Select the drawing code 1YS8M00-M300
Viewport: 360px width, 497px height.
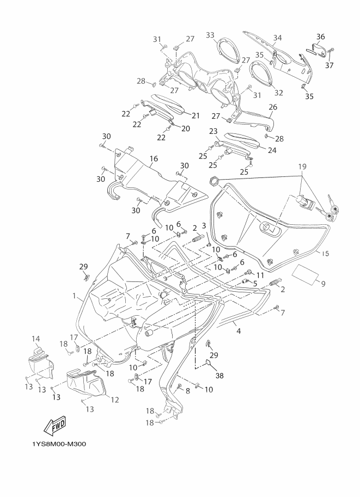pos(59,444)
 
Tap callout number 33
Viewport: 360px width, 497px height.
pos(210,35)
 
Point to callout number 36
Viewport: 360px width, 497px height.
pos(320,36)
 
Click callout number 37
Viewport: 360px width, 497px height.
pos(330,65)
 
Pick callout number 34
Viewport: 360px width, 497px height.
pos(278,38)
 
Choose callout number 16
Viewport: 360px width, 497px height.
pos(154,158)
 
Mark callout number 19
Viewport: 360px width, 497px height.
pos(302,167)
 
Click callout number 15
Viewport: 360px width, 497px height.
pos(325,254)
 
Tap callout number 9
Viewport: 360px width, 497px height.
pos(323,284)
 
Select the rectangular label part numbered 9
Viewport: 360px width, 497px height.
pos(304,273)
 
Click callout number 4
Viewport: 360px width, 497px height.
pos(239,331)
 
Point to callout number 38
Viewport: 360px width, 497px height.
pos(219,376)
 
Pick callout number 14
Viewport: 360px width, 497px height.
pos(36,339)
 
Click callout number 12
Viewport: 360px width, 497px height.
pos(114,400)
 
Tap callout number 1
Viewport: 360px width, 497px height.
pos(75,296)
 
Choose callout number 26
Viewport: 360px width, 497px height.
pos(273,107)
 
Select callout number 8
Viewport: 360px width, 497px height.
pos(187,391)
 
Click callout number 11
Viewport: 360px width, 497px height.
pos(260,274)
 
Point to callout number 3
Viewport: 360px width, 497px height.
pos(204,225)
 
